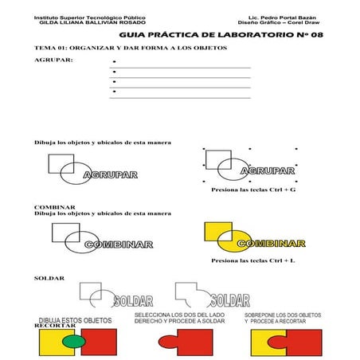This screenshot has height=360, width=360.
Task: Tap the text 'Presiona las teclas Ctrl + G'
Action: point(253,191)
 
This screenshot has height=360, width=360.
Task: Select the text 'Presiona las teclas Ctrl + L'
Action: point(253,260)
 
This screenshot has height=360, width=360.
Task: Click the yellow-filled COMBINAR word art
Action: point(271,243)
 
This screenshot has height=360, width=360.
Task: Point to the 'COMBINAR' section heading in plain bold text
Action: point(55,207)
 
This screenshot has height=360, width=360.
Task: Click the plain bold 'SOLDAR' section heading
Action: point(49,277)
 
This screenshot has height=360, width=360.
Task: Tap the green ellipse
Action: point(73,342)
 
